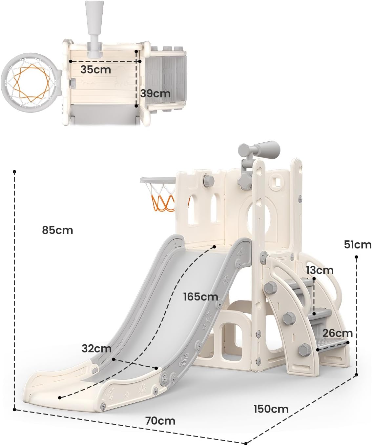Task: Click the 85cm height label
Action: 57,230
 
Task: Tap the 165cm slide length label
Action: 201,296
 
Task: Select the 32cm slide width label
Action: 96,349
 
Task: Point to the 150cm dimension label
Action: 271,409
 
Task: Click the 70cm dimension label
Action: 160,421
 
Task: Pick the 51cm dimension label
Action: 358,245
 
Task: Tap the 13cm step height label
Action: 320,270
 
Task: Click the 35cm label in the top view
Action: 96,70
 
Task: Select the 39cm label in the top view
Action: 155,93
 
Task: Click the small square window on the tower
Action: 278,182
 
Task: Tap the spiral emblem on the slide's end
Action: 111,393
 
